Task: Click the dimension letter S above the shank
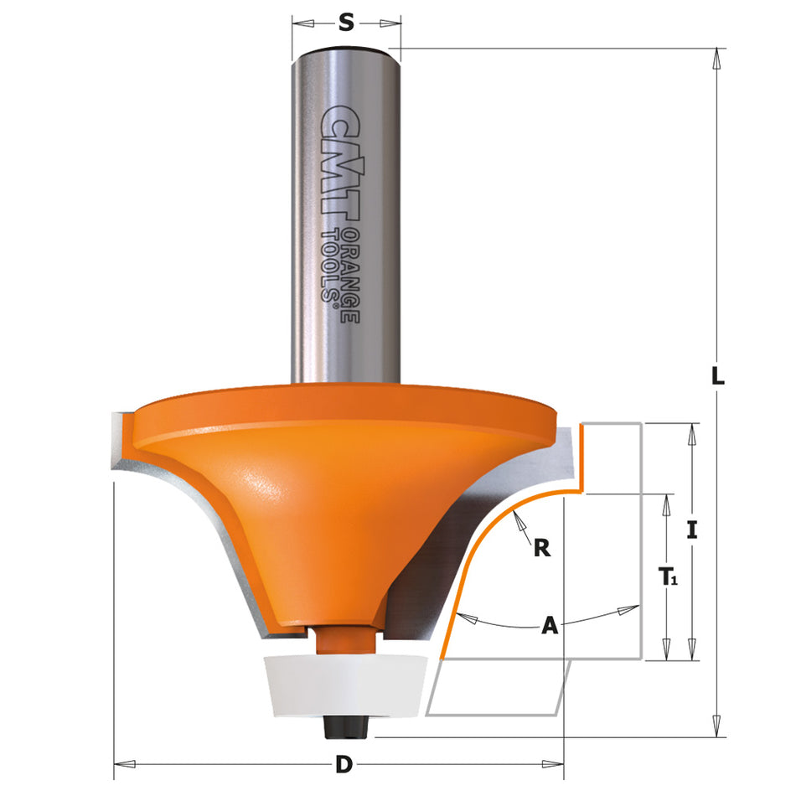[346, 23]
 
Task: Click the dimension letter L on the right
[717, 376]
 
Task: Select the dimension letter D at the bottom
[343, 764]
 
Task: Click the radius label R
[542, 549]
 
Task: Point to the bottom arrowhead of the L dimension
[717, 730]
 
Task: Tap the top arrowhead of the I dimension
[692, 431]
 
